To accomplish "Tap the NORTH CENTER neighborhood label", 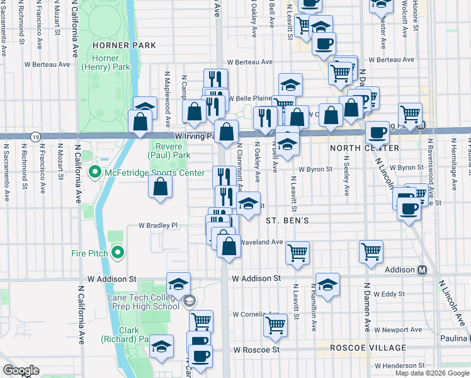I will tap(364, 148).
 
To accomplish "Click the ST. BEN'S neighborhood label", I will tap(287, 221).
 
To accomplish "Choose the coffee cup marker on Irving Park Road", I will tap(377, 132).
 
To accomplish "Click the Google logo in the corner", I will tap(21, 370).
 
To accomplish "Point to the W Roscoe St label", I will tap(256, 349).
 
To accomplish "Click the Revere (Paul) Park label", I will tap(169, 150).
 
